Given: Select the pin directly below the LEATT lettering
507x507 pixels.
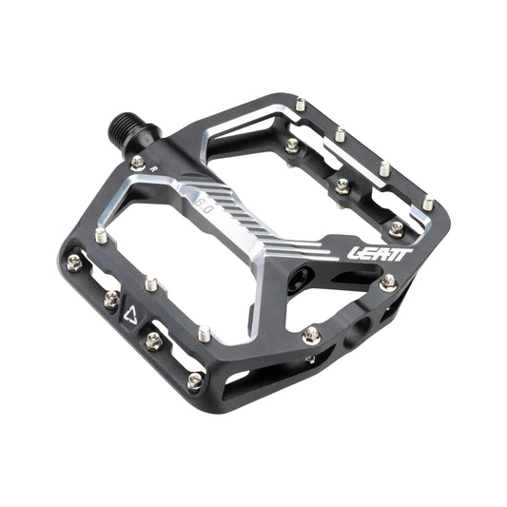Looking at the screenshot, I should (386, 283).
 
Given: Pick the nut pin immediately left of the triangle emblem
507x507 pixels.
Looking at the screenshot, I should (107, 300).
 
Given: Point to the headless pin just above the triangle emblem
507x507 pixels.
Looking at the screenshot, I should (149, 283).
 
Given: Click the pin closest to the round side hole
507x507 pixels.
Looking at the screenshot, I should (311, 333).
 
